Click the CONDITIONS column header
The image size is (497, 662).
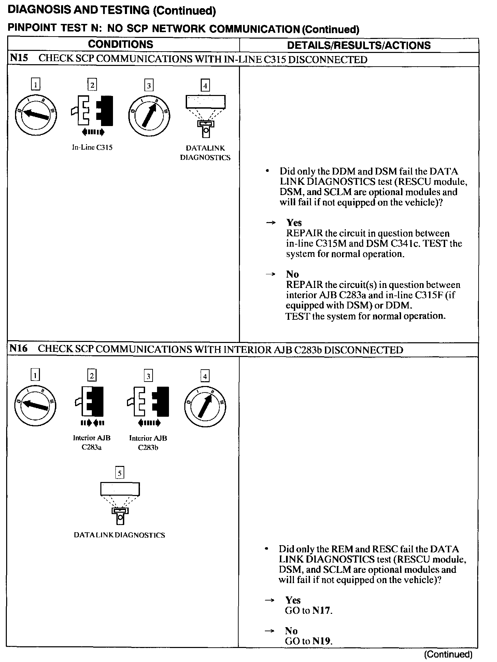[x=120, y=44]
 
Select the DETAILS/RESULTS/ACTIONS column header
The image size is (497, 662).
[x=359, y=45]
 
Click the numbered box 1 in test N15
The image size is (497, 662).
[x=35, y=84]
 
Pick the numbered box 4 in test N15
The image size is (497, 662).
[x=205, y=85]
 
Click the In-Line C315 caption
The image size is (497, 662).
[x=92, y=148]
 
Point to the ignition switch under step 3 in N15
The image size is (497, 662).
[x=149, y=115]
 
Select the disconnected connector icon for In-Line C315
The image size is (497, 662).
[x=92, y=111]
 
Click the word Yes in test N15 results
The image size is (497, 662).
[x=294, y=223]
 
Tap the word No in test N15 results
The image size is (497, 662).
[x=292, y=274]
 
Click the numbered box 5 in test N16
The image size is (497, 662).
[x=119, y=473]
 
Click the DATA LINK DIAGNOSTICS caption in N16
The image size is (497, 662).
[x=119, y=535]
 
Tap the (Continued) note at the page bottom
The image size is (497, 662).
[x=448, y=654]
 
